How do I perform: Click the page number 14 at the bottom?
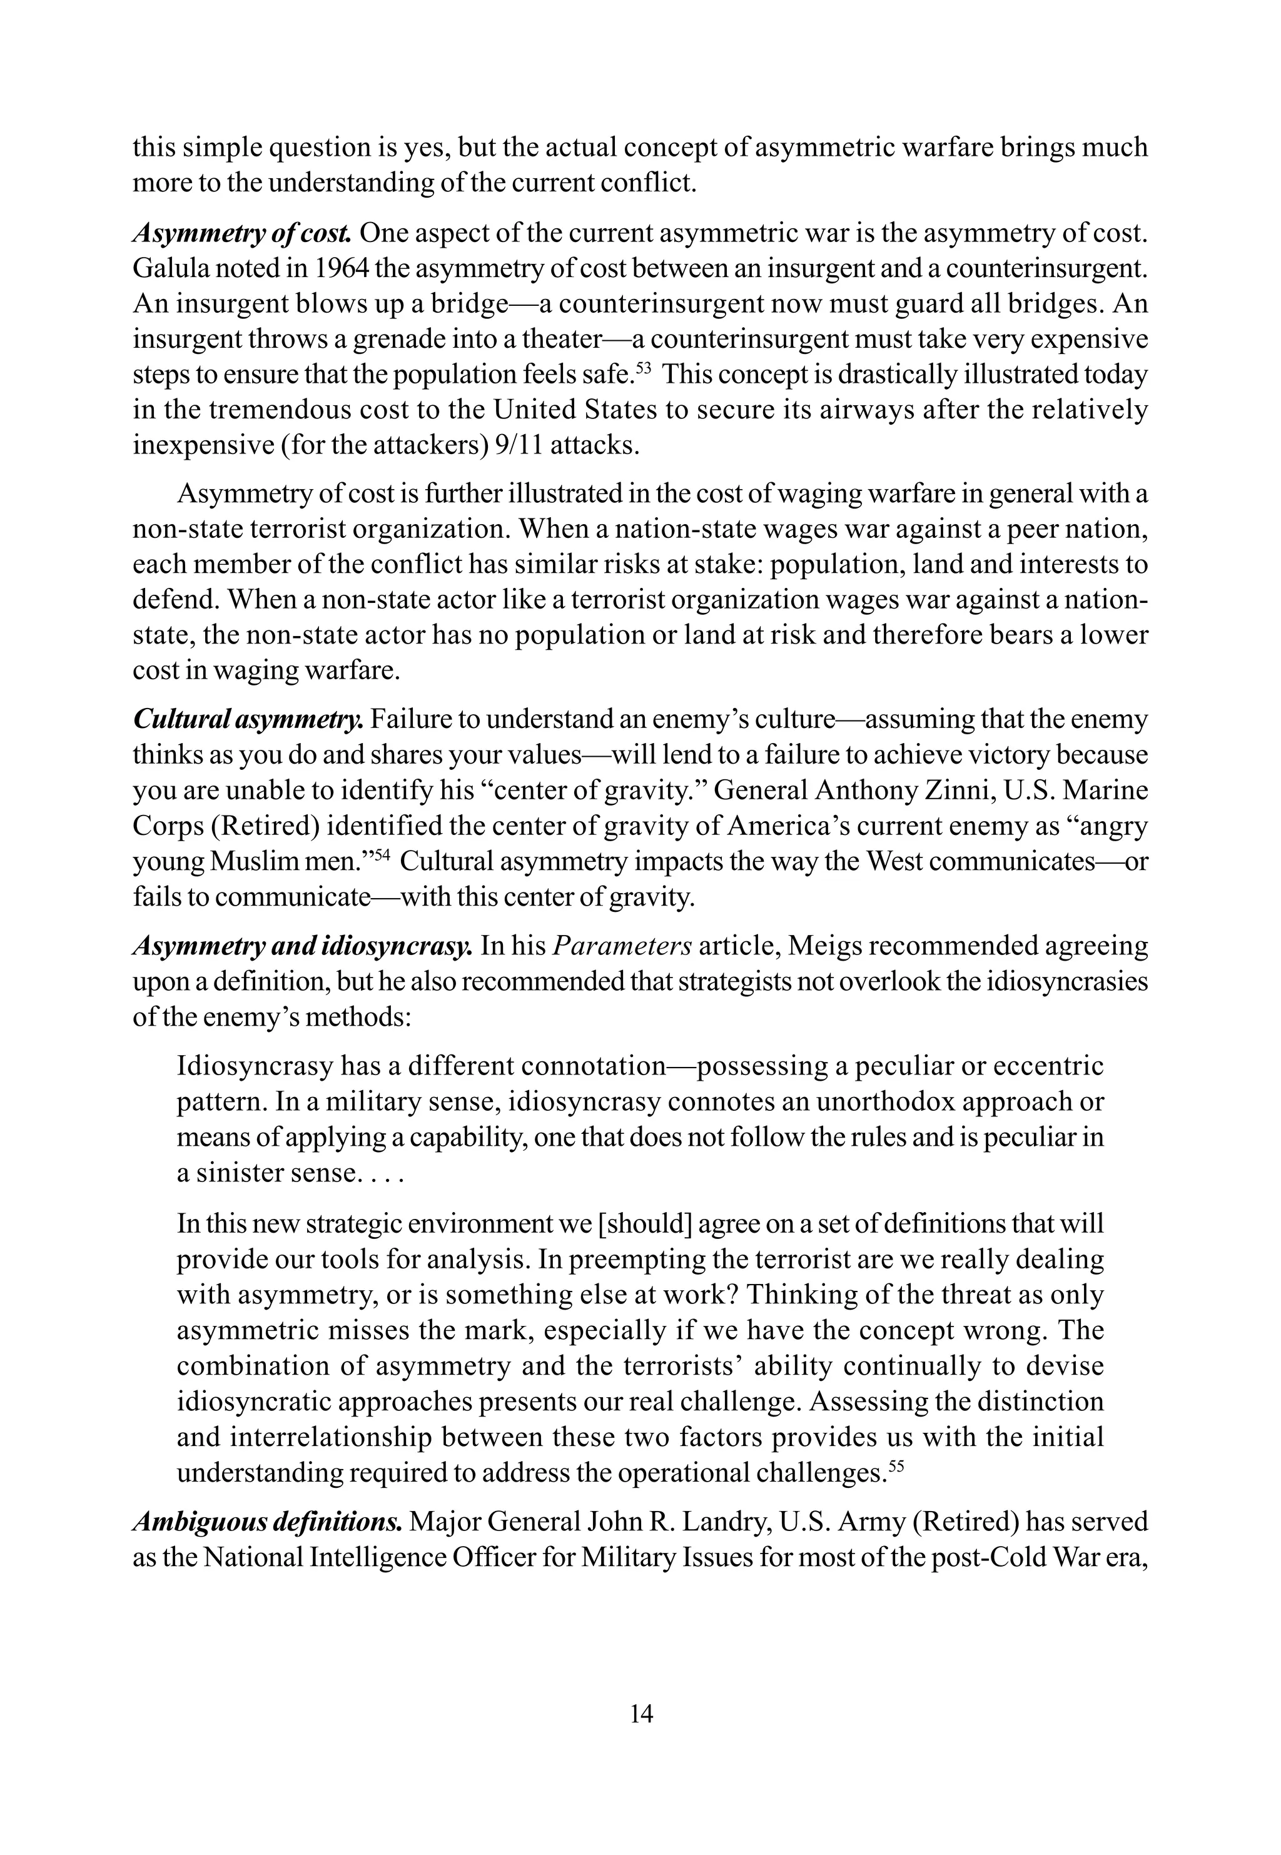coord(641,1714)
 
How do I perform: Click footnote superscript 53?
coord(643,368)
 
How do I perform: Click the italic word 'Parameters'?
coord(622,947)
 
